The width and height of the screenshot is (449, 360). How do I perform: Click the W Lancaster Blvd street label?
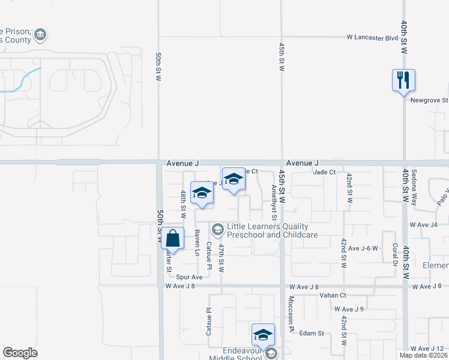(372, 37)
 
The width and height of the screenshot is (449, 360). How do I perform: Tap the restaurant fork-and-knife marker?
(403, 80)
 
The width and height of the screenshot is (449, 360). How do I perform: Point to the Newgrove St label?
(429, 101)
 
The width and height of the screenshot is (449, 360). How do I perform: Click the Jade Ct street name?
(324, 172)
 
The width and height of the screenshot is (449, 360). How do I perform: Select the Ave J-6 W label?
(363, 248)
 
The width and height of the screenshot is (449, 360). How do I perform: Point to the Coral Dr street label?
(395, 254)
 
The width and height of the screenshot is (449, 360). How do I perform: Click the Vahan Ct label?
(334, 295)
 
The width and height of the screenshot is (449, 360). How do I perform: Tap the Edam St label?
(312, 333)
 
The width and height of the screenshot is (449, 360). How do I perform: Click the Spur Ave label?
(189, 277)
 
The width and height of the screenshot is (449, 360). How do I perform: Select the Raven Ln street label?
(196, 243)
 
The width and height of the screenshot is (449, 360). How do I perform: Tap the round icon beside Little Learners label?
(217, 228)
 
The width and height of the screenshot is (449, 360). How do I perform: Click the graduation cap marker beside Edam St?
(263, 335)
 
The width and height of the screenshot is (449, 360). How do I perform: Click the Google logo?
(20, 353)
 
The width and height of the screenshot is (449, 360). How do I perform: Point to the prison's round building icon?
(41, 35)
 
